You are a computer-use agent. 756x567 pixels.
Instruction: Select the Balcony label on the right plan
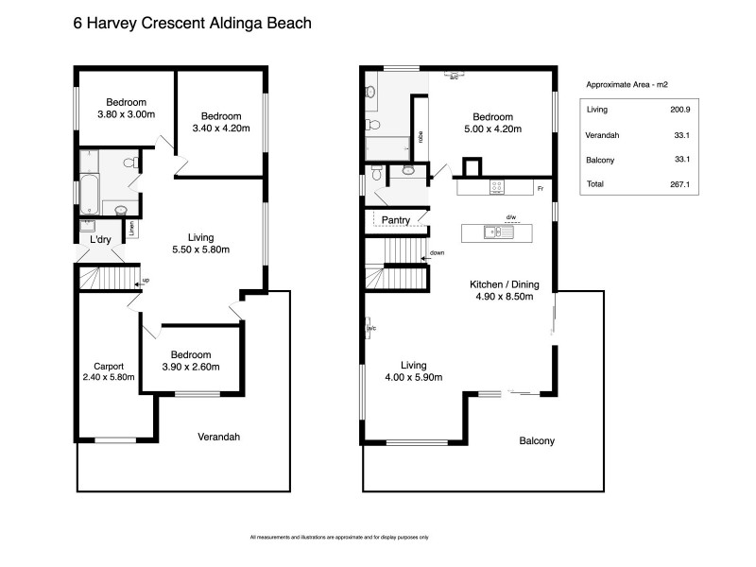(536, 440)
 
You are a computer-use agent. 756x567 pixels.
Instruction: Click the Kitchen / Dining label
(503, 283)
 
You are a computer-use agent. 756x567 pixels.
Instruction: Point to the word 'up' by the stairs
(146, 281)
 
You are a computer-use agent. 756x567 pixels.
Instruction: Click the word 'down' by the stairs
(437, 253)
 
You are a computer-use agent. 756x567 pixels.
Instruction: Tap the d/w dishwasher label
(511, 217)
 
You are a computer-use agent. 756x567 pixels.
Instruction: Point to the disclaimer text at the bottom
(339, 537)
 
